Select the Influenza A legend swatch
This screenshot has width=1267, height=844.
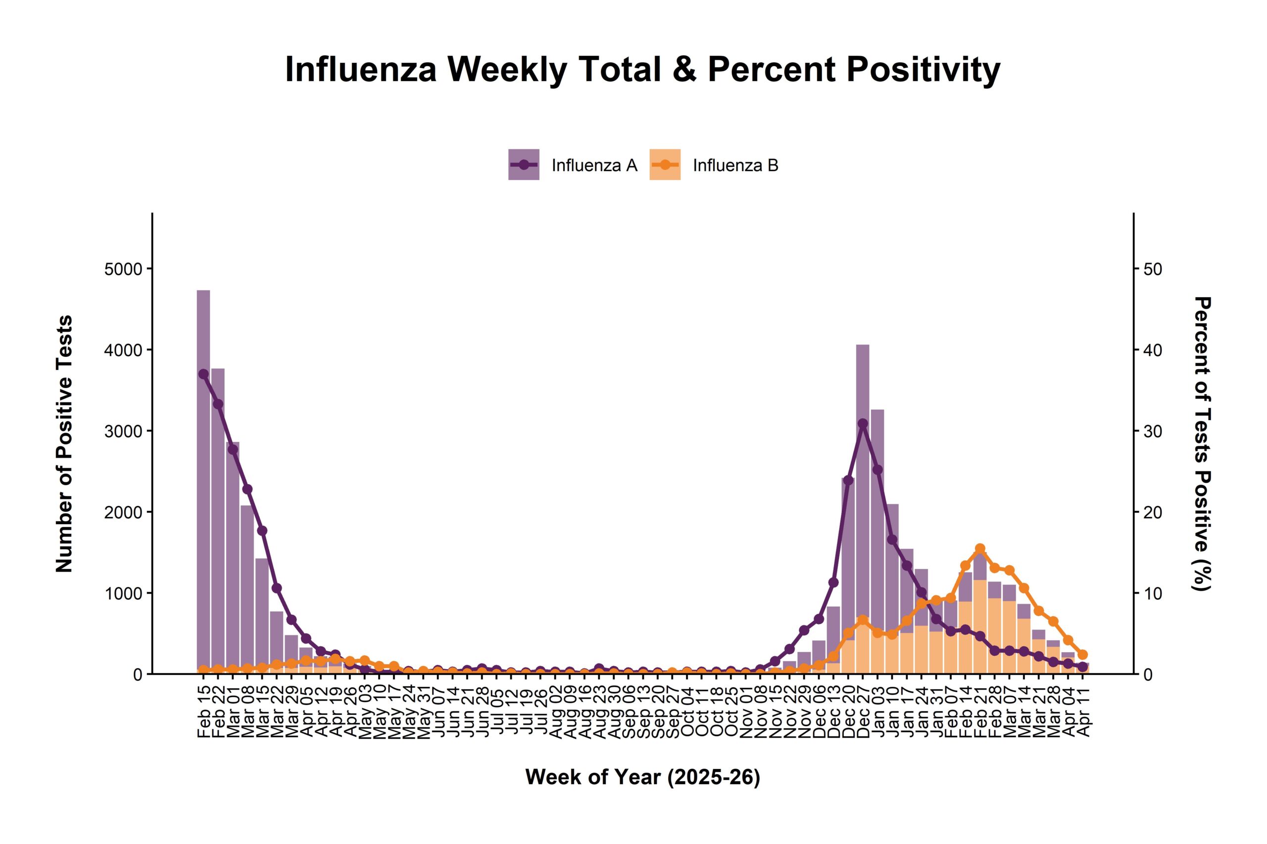pos(524,164)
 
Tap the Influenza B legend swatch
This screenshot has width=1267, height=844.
pos(665,164)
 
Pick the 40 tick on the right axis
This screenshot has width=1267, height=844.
pos(1153,350)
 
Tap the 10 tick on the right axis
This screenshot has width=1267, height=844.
pos(1153,593)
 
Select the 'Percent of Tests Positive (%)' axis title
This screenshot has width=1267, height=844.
pos(1202,444)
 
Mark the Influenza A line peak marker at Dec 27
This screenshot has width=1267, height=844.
pos(863,424)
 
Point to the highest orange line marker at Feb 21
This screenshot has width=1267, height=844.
pos(980,548)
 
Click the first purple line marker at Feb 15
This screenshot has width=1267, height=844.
pos(203,374)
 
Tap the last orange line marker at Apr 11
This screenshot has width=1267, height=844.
pos(1083,655)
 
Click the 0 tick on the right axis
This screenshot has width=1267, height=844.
pos(1148,674)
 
